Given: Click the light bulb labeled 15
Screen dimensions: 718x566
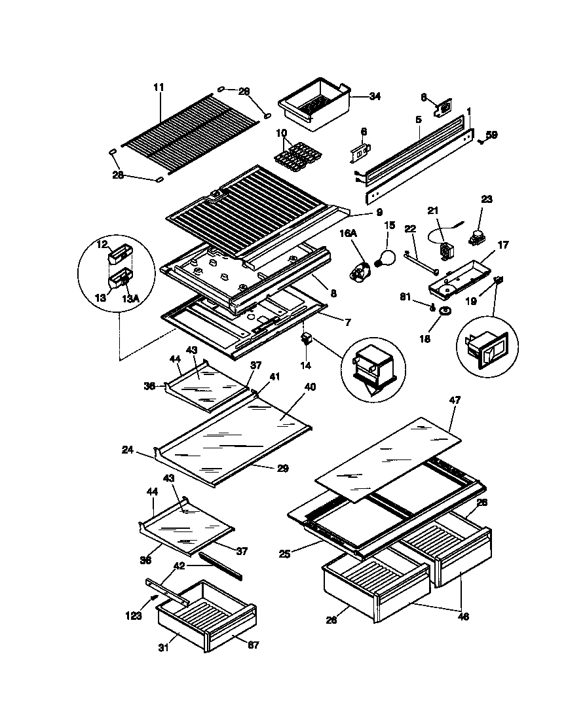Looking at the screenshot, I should coord(385,257).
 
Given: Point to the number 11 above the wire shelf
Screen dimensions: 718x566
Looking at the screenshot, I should coord(159,87).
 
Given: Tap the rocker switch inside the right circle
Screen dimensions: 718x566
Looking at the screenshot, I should coord(487,353).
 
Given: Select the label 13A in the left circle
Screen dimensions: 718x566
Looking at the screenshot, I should coord(130,298).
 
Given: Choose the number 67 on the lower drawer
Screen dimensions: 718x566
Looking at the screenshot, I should coord(253,645).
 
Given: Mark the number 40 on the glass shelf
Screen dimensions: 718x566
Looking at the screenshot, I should coord(309,387).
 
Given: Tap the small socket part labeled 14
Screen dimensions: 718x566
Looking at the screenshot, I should coord(305,339).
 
